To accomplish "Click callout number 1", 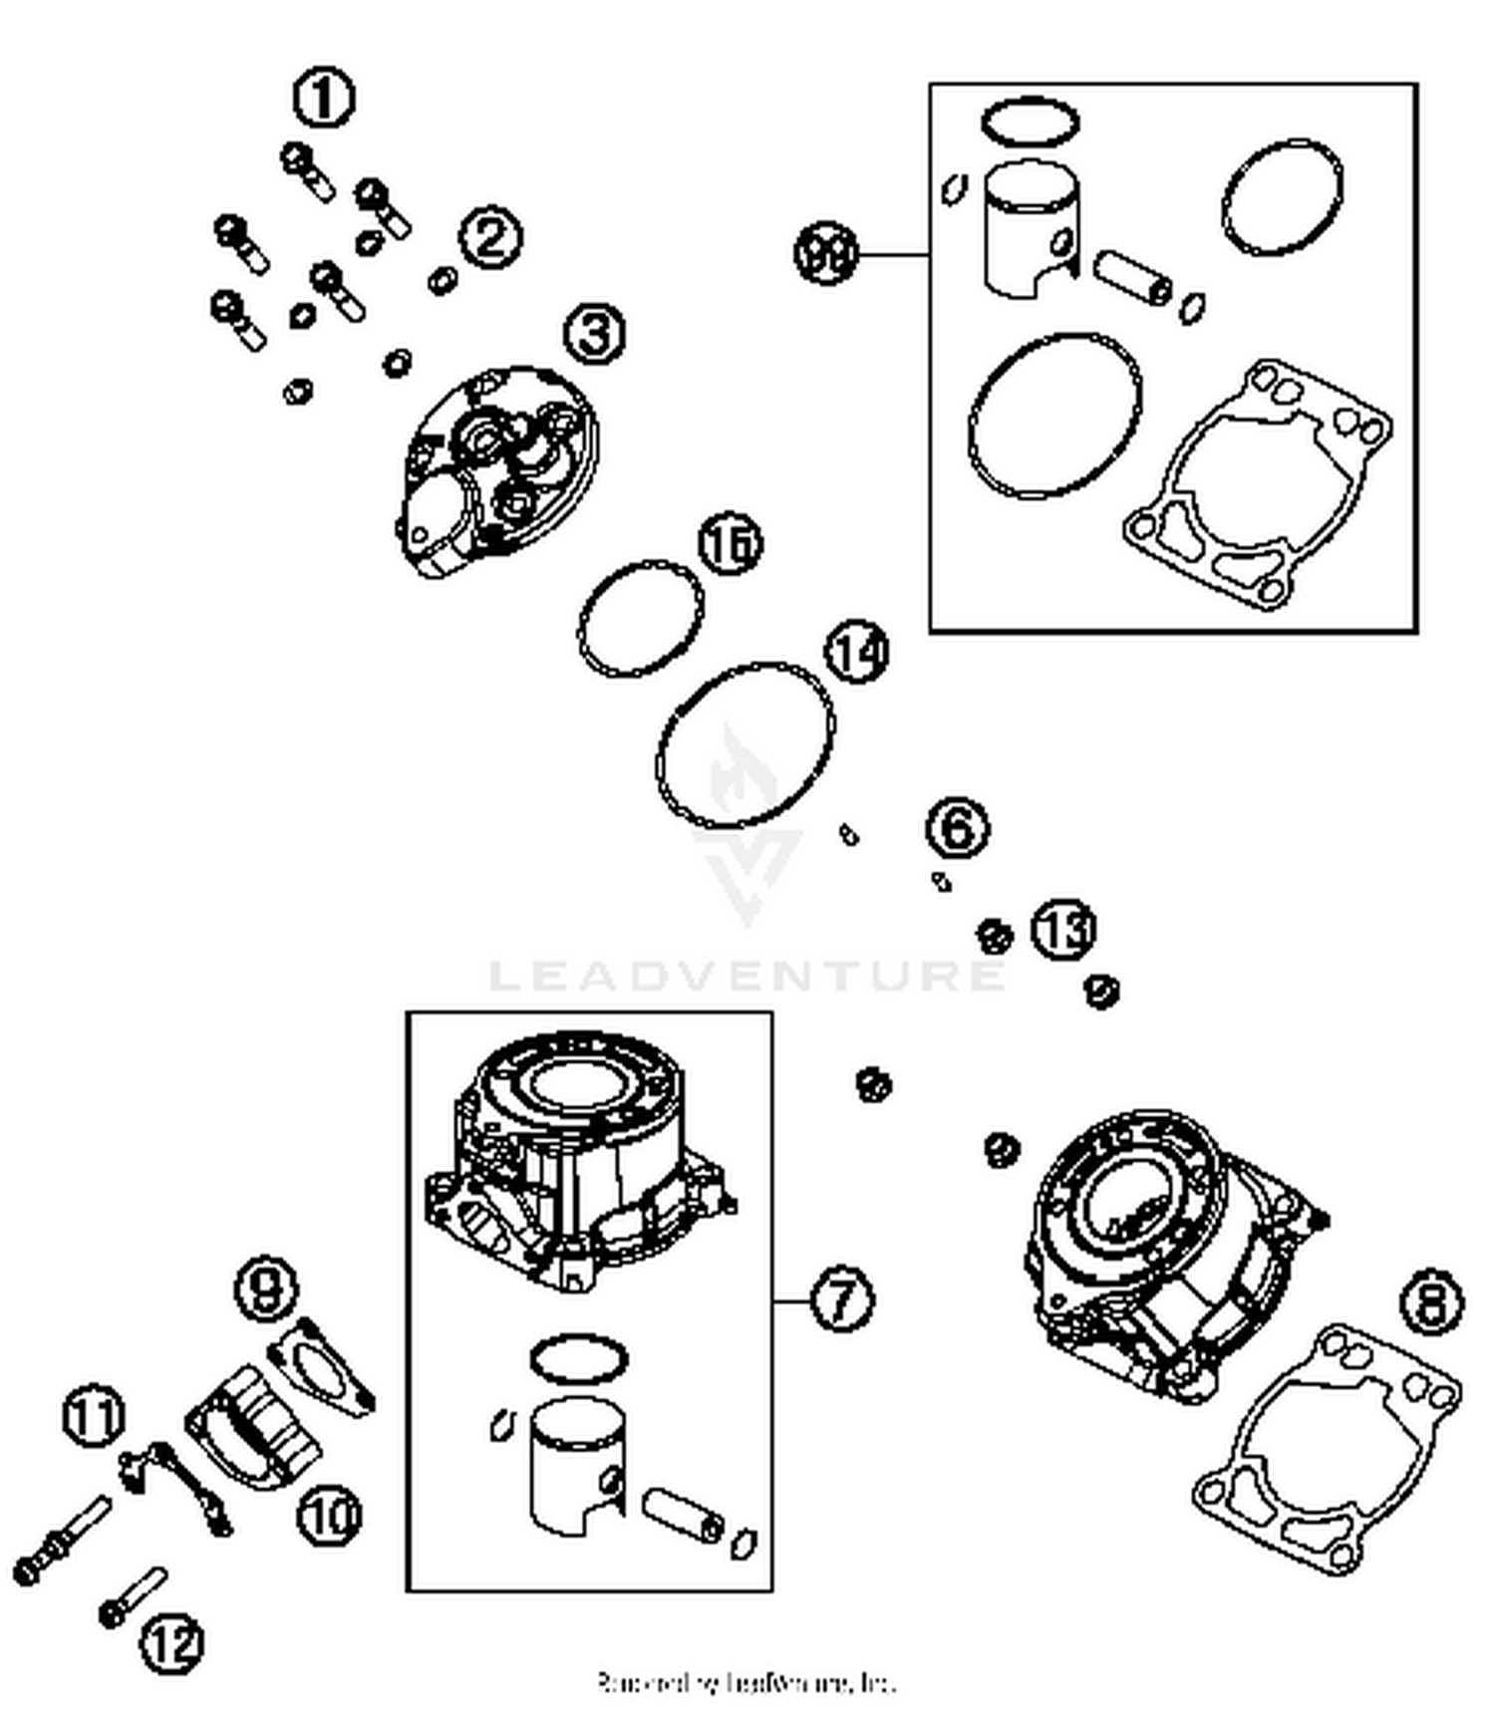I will [324, 98].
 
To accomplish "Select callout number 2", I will [489, 238].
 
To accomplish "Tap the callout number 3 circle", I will [595, 333].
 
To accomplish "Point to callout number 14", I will [856, 653].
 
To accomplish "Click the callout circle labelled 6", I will [957, 828].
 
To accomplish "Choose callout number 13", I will [1062, 930].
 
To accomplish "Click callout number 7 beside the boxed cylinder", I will [841, 1299].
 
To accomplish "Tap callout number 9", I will [267, 1288].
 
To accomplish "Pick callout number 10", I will [329, 1516].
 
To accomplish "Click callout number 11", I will [95, 1415].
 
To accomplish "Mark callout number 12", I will [171, 1642].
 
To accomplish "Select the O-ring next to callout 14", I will [745, 745].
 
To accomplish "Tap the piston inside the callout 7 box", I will [576, 1465].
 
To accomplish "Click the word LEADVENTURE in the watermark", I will [747, 975].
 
